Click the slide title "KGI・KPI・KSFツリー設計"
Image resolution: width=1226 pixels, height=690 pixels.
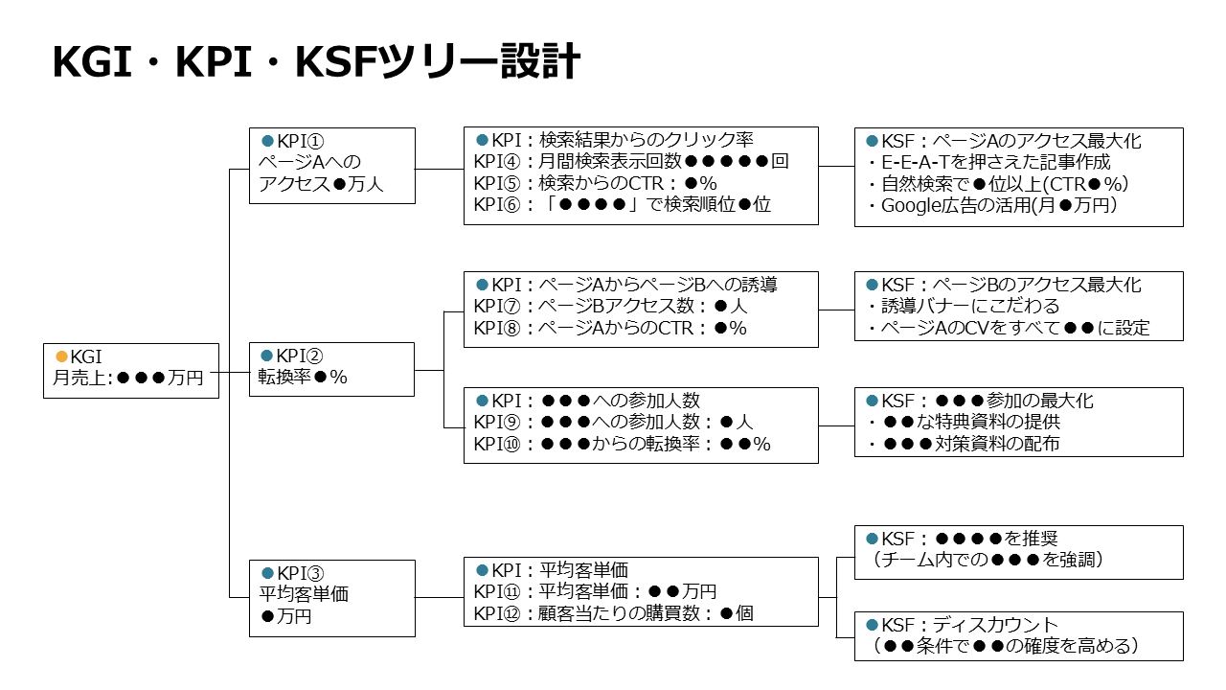point(315,63)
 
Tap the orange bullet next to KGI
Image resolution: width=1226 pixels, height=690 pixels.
point(62,356)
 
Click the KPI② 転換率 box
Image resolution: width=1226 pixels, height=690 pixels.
point(331,369)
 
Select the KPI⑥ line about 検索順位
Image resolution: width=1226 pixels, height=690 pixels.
point(622,203)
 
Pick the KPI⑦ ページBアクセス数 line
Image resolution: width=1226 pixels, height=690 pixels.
point(610,307)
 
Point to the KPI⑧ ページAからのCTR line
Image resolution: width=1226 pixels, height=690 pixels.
point(609,328)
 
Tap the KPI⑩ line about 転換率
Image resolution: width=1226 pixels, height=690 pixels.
point(622,444)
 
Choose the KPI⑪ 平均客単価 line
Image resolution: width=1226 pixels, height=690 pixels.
point(595,591)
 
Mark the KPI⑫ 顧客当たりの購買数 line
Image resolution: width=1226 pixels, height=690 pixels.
point(613,612)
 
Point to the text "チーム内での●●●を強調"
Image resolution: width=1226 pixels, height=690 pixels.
point(988,560)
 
